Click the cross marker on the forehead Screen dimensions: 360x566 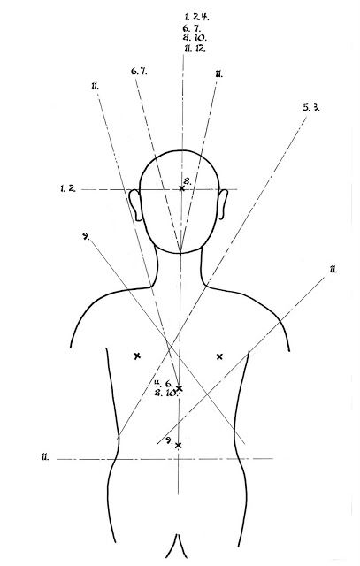(x=181, y=188)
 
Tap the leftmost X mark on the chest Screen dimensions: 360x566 (x=137, y=356)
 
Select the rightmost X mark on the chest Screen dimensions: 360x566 (x=219, y=356)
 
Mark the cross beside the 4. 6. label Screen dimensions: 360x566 (x=179, y=388)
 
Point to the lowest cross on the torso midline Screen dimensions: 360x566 (x=178, y=446)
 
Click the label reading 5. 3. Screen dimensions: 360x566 (x=310, y=107)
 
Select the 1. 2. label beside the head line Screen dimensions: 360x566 (x=68, y=188)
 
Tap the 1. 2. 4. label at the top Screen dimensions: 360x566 (x=196, y=16)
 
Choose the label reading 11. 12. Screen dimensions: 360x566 (x=195, y=49)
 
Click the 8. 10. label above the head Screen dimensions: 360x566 (x=195, y=37)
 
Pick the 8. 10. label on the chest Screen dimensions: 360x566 (x=165, y=393)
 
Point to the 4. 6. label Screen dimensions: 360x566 (x=164, y=383)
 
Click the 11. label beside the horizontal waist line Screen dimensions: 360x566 (x=45, y=457)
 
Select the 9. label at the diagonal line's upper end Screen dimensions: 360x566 (x=86, y=236)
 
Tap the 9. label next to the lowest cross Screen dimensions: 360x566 (x=169, y=440)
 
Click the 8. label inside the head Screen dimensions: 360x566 (x=188, y=180)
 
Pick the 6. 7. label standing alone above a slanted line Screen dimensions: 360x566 (x=139, y=71)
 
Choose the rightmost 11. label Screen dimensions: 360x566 (x=333, y=269)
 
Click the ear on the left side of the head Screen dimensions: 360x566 (x=135, y=204)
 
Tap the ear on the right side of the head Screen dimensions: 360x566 (x=223, y=204)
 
